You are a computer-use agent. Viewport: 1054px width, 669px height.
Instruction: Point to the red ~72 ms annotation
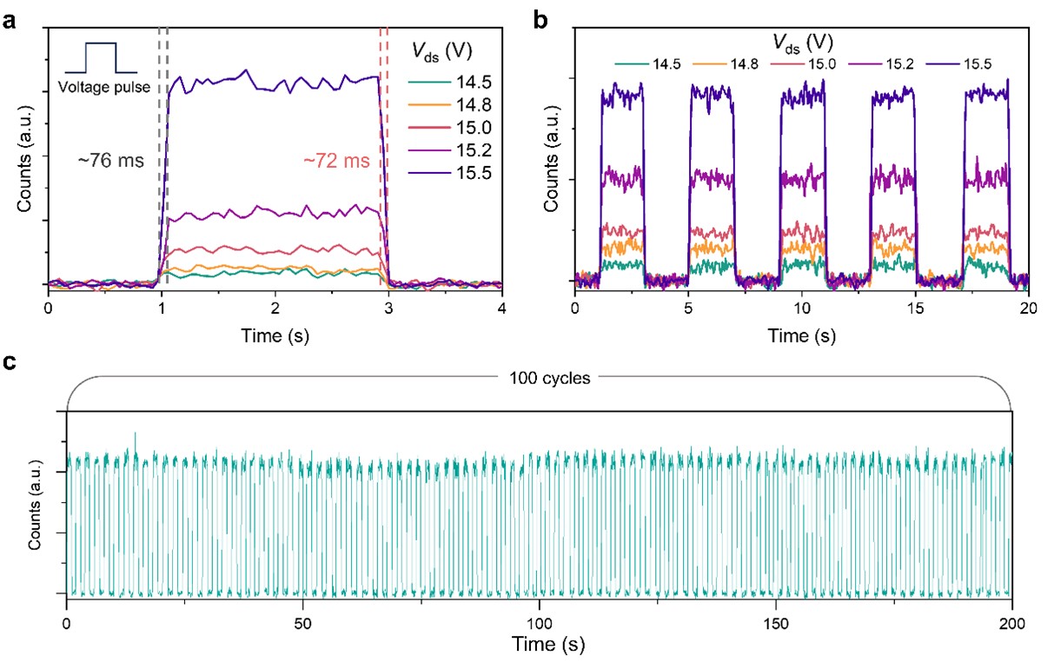(x=335, y=161)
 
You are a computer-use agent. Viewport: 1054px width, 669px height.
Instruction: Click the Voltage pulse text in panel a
(x=102, y=87)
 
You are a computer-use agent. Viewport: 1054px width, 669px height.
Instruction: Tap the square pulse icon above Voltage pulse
(x=101, y=58)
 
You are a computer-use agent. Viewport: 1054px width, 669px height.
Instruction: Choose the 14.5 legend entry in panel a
(x=458, y=83)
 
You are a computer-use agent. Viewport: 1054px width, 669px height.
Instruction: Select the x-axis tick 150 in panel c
(x=775, y=624)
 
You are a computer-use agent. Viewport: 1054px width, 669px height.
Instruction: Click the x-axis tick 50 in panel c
(x=303, y=624)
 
